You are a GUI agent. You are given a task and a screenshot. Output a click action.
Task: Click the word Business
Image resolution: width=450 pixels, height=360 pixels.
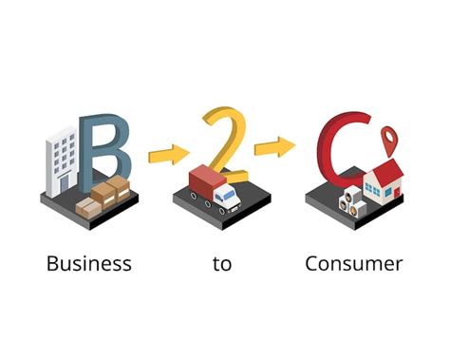click(x=88, y=263)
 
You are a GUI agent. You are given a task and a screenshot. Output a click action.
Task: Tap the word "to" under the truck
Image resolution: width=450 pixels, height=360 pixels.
click(x=222, y=264)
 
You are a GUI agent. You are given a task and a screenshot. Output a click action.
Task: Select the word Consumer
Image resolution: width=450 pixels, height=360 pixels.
click(x=353, y=263)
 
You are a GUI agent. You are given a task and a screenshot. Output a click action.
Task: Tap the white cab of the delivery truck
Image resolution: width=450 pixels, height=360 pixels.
click(x=227, y=197)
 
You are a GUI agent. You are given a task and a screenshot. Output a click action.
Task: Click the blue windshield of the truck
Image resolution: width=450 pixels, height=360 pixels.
click(x=230, y=193)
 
